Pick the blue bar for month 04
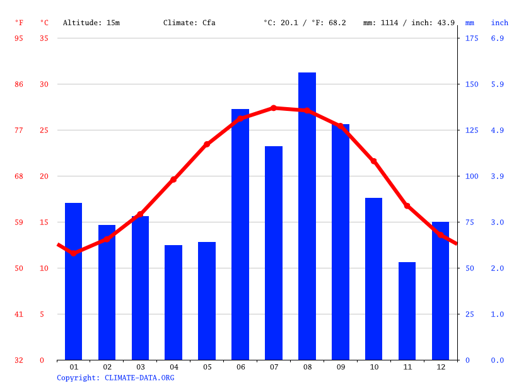[x=173, y=302]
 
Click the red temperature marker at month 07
[x=273, y=108]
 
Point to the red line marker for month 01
[x=73, y=253]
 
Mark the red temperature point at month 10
[x=373, y=161]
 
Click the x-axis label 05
[x=207, y=367]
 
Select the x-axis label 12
[x=440, y=367]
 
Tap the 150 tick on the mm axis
[x=472, y=84]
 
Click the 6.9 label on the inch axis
[x=497, y=38]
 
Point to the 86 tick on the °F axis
[x=19, y=84]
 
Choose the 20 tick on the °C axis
[x=44, y=176]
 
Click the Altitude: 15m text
[x=91, y=23]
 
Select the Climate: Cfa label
[x=189, y=23]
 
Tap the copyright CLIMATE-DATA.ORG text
[x=115, y=378]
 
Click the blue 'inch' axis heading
[x=499, y=23]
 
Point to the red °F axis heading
[x=19, y=23]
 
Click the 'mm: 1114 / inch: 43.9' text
[x=409, y=23]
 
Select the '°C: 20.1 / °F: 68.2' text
[x=305, y=23]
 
